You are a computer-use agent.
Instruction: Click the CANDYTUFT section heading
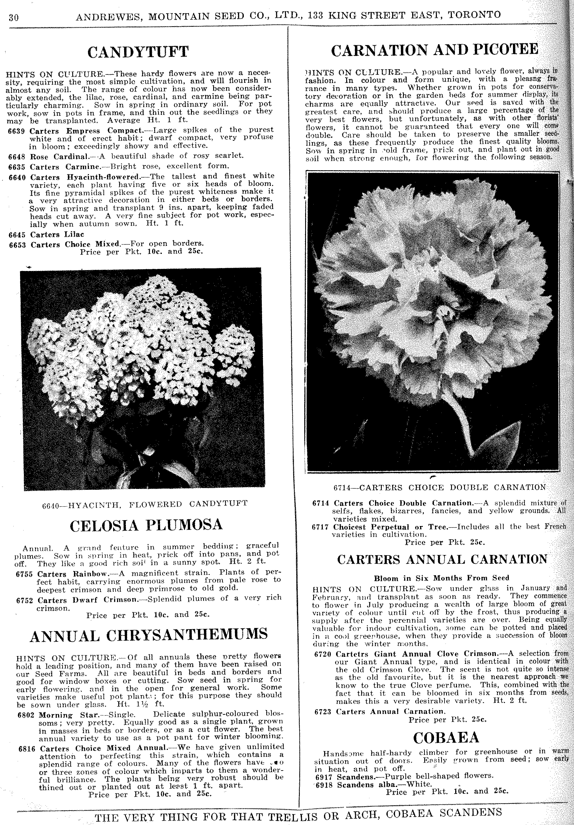138,52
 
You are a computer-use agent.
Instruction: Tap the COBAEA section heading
446,738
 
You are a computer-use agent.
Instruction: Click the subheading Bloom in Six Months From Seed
441,578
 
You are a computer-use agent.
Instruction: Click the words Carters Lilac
57,235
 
